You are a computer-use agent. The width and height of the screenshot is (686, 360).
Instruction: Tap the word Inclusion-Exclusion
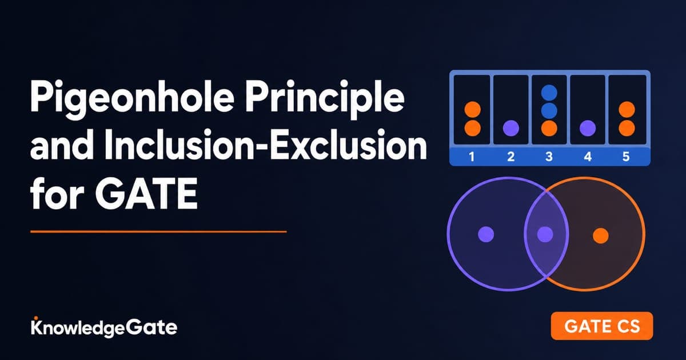pos(265,144)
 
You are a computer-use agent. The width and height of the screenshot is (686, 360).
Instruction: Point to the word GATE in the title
pos(146,194)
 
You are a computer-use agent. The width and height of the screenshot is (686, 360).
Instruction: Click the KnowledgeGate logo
pos(104,327)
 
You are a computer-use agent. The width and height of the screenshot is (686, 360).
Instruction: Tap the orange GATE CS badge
pos(602,326)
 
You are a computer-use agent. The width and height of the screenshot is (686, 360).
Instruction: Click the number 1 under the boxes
pos(472,157)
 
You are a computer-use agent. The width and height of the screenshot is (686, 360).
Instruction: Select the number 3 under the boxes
pos(549,157)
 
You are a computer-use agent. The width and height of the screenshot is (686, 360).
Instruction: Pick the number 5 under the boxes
pos(626,157)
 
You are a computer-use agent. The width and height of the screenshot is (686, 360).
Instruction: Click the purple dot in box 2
pos(511,128)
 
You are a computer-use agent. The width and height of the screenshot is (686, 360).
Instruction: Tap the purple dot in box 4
pos(588,128)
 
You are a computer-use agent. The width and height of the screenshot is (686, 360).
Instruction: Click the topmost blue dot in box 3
pos(549,93)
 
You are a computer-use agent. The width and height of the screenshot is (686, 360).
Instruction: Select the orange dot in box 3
pos(549,128)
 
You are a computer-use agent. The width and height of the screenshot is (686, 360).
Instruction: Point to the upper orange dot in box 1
pos(473,110)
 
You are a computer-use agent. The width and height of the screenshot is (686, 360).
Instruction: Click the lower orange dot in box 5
pos(627,128)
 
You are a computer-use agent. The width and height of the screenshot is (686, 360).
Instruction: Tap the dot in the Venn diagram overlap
pos(545,234)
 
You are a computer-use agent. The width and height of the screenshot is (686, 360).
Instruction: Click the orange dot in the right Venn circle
pos(601,235)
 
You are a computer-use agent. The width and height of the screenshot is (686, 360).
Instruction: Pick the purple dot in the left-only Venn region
pos(486,234)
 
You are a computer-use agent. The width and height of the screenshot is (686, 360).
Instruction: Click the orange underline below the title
pos(158,232)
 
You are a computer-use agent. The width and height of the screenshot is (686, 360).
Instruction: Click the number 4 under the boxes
pos(588,157)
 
